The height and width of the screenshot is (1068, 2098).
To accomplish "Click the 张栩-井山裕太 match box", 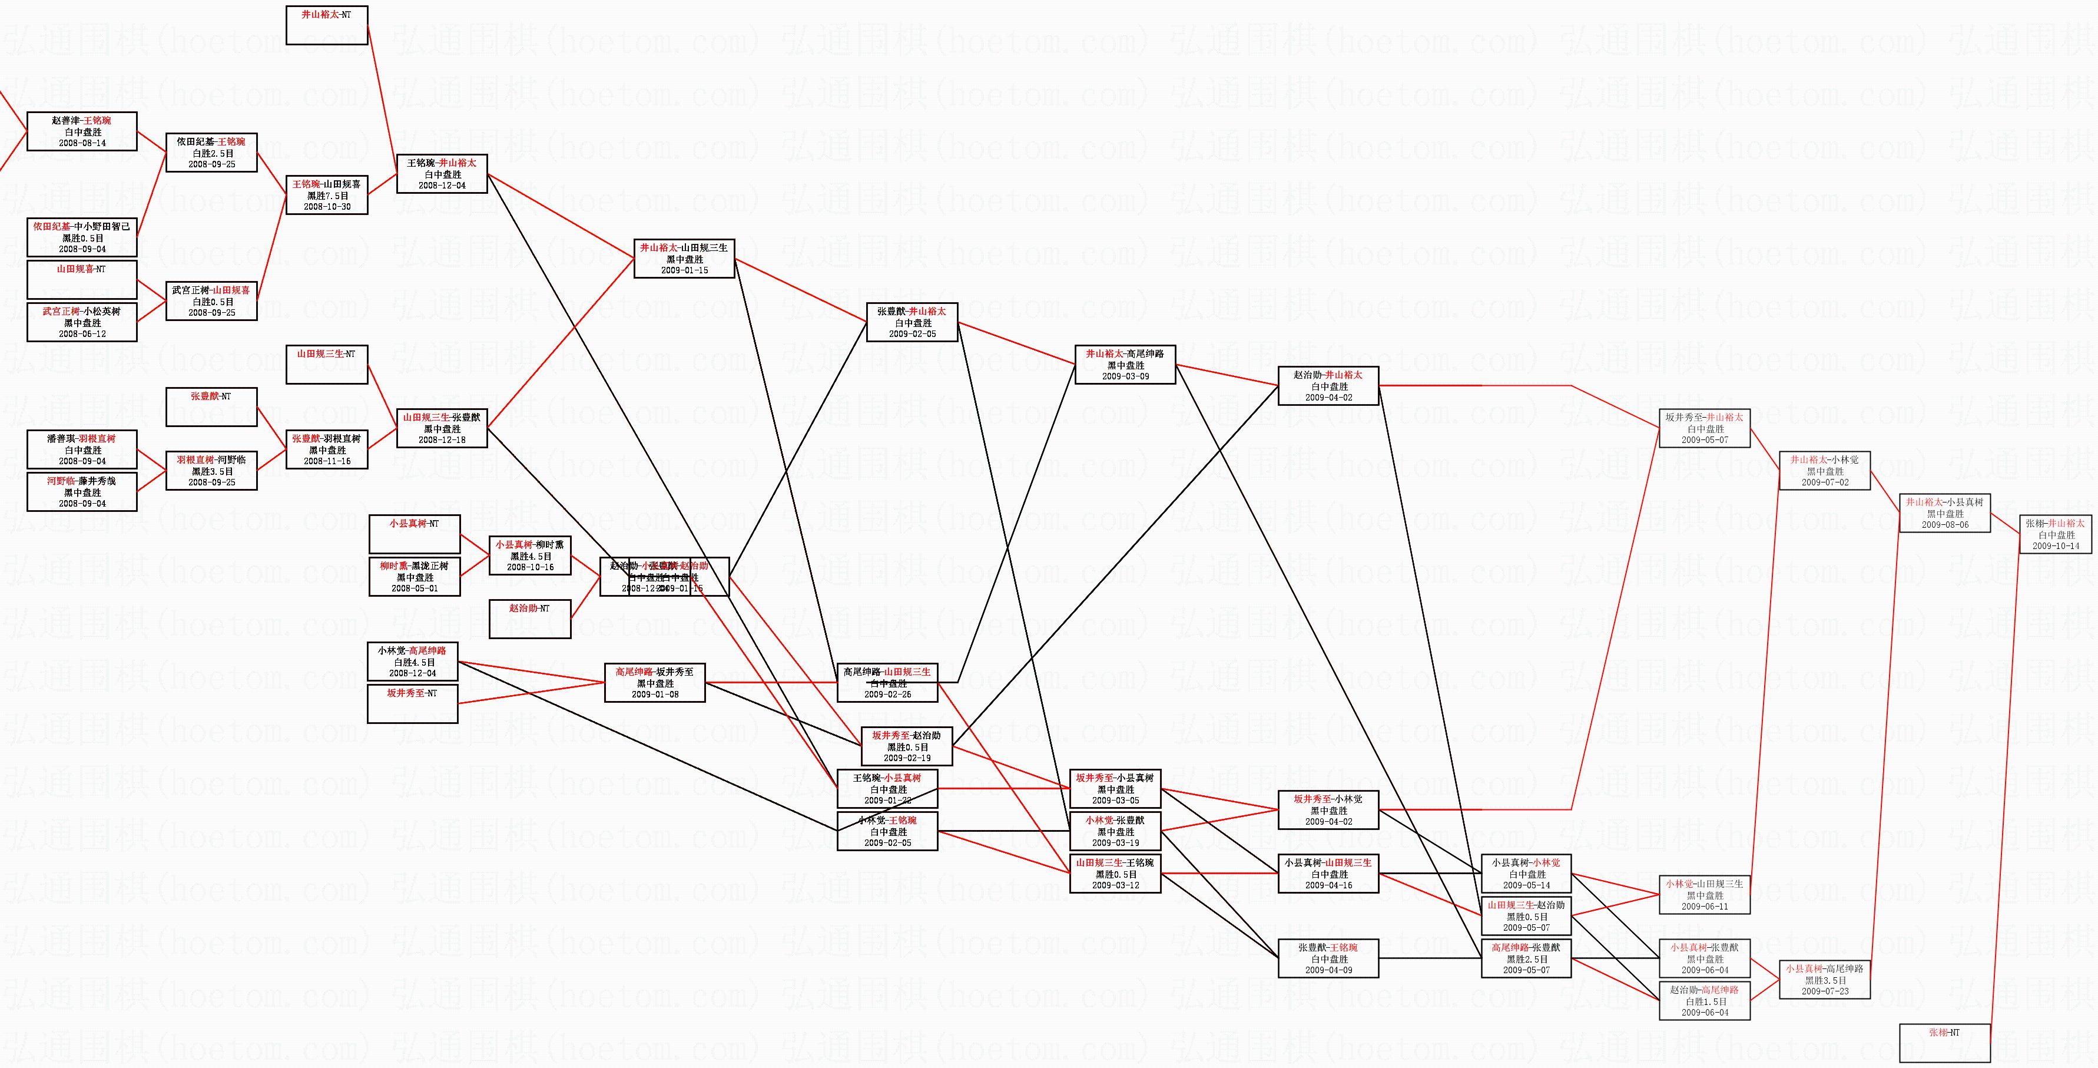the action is (2055, 534).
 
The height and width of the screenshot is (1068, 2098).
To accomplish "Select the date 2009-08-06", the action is (1945, 525).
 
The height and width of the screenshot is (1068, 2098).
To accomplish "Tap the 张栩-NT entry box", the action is (1945, 1043).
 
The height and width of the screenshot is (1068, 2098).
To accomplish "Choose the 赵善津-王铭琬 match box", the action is (81, 131).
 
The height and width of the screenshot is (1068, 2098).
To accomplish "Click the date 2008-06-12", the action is (81, 334).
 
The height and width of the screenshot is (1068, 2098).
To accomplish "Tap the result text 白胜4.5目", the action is (413, 662).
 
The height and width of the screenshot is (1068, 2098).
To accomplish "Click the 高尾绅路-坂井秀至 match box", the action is (655, 683).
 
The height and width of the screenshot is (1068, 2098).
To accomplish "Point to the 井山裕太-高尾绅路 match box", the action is (1125, 365).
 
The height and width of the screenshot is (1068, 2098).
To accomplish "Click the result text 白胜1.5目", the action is (1705, 1002).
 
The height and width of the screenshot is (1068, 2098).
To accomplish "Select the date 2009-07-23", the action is (1824, 991).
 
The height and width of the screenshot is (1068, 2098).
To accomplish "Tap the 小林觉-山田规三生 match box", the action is (1705, 894).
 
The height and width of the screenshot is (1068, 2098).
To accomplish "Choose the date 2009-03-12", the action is (1115, 885).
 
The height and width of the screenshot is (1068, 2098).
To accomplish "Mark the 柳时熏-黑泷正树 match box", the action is (414, 577).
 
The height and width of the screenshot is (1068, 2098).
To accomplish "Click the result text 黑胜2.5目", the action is (1526, 960).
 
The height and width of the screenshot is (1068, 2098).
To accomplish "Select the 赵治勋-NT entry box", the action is (529, 619).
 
